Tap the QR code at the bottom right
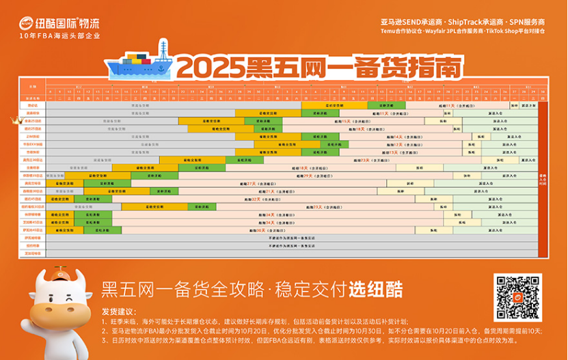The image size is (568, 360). click(x=518, y=297)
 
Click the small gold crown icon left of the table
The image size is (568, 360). click(x=14, y=120)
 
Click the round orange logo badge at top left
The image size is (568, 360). click(x=26, y=23)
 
